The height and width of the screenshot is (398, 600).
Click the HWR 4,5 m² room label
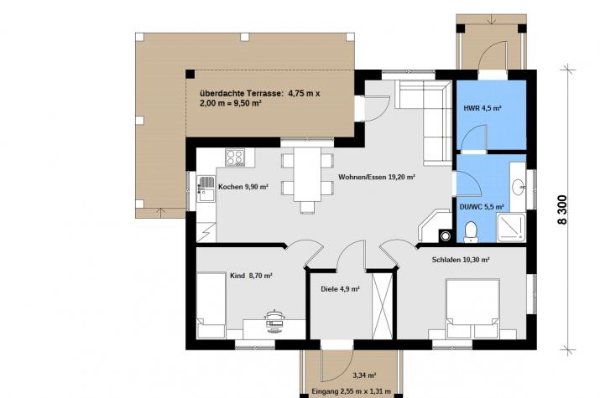tap(483, 108)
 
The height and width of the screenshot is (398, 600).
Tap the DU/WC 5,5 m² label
tap(482, 207)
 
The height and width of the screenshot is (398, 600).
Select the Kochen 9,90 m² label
tap(243, 187)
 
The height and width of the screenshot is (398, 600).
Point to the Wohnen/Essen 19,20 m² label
tap(377, 178)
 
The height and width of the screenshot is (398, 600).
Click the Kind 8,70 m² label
tap(251, 276)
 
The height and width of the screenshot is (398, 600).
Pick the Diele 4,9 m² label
tap(340, 289)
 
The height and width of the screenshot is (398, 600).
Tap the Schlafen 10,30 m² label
tap(461, 260)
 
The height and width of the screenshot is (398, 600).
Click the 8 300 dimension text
tap(562, 209)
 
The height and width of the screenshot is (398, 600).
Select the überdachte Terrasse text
tap(242, 93)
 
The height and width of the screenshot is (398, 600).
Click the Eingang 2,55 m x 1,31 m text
tap(352, 391)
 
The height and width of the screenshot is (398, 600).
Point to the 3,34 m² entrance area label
tap(364, 375)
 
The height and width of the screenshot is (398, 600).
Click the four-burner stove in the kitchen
tap(235, 157)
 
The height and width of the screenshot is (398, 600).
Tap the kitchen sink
tap(206, 189)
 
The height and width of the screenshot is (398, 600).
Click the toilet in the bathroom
tap(471, 232)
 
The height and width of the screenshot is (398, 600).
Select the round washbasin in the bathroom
tap(518, 187)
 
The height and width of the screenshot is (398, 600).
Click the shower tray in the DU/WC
tap(511, 228)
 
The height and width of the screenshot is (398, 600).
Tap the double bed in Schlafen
tap(473, 308)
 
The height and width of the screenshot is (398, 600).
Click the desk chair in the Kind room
tap(274, 318)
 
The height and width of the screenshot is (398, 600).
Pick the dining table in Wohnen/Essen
tap(307, 174)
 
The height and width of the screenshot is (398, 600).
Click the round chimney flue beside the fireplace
tap(446, 236)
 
